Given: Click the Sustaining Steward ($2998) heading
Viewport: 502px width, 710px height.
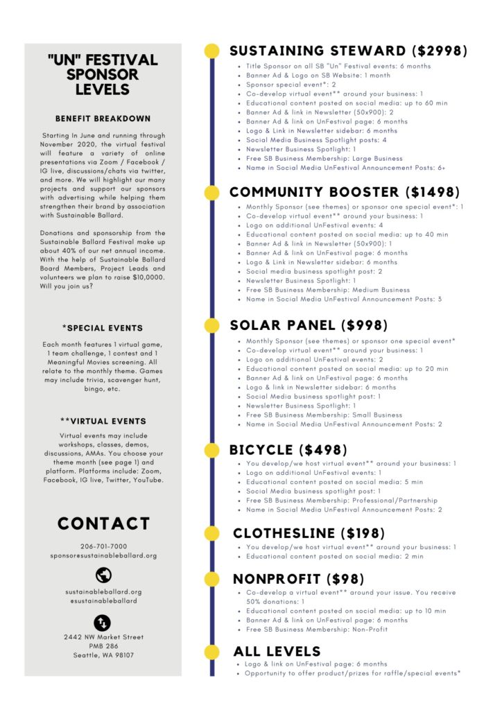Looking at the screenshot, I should [348, 51].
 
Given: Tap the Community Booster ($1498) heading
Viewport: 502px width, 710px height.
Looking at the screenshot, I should [345, 192].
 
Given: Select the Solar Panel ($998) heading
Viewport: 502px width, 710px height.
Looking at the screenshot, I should [309, 325].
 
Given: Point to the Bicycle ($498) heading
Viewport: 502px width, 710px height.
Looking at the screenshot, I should [288, 450].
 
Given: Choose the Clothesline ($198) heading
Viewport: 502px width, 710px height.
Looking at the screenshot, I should [309, 533].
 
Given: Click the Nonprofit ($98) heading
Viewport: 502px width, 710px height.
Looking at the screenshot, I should [298, 579].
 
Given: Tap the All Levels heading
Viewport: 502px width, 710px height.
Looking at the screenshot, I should [277, 651].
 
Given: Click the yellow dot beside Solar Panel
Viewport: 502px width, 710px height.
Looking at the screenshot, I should [212, 325].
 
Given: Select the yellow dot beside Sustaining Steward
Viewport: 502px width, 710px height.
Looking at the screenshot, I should [212, 51].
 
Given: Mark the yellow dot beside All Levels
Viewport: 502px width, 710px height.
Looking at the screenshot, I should [212, 651].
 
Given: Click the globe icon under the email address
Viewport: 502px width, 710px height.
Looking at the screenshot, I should [103, 574].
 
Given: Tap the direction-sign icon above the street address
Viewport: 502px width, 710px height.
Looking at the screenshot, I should [103, 621].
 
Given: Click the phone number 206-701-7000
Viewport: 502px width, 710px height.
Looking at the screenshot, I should [103, 546].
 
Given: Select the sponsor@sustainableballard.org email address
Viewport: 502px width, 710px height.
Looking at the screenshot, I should [103, 555].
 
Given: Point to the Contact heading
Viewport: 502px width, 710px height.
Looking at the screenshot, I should [103, 523].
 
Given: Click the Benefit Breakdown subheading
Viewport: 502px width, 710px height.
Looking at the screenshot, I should [103, 119].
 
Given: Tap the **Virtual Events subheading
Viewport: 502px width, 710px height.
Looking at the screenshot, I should [103, 421].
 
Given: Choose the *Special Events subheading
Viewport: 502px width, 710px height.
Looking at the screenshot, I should [103, 328].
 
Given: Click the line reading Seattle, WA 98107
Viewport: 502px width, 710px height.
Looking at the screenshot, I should [103, 655].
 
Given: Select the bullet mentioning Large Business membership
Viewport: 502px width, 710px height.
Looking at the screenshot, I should [324, 158].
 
